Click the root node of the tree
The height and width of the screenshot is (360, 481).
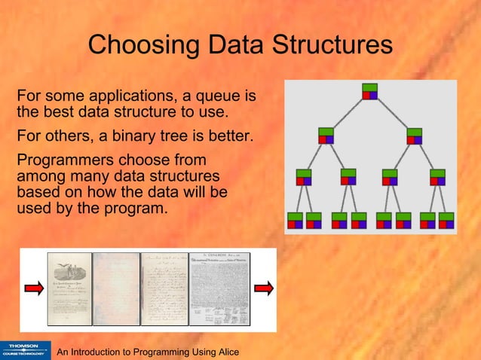point(369,90)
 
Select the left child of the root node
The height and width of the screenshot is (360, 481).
point(326,136)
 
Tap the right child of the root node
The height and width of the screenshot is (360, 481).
point(415,136)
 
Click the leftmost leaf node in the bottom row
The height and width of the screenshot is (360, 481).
point(295,220)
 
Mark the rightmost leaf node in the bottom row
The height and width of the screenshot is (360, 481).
point(447,220)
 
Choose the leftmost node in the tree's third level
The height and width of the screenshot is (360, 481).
point(304,177)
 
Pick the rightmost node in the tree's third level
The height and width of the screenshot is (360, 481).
point(437,177)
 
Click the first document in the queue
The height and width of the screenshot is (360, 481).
point(69,289)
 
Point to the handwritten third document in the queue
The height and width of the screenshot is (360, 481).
point(165,289)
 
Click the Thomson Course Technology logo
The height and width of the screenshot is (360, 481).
point(26,349)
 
